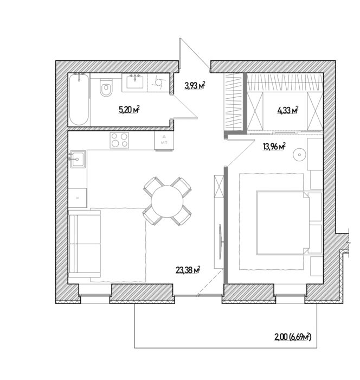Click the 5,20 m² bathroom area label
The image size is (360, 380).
tap(129, 110)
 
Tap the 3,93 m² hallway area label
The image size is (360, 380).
tap(195, 85)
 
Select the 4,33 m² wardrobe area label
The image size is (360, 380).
tap(287, 110)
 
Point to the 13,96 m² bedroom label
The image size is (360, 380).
tap(274, 147)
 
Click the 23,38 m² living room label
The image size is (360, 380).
tap(188, 270)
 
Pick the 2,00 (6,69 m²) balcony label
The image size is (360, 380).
tap(292, 337)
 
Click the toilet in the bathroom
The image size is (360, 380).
tap(106, 87)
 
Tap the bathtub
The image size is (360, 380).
tap(79, 99)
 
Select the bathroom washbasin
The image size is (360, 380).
tap(135, 81)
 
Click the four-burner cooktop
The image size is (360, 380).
tap(119, 140)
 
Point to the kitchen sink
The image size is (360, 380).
tap(78, 159)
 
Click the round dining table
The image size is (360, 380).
tap(167, 201)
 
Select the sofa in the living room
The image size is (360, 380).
tap(85, 244)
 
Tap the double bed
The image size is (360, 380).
tap(282, 223)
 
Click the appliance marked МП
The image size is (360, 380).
tap(164, 141)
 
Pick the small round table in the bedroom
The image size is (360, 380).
tap(299, 154)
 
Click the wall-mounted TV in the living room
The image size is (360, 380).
tap(220, 242)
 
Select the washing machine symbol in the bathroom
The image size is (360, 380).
tap(158, 83)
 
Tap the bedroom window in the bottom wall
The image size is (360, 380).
tap(290, 295)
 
